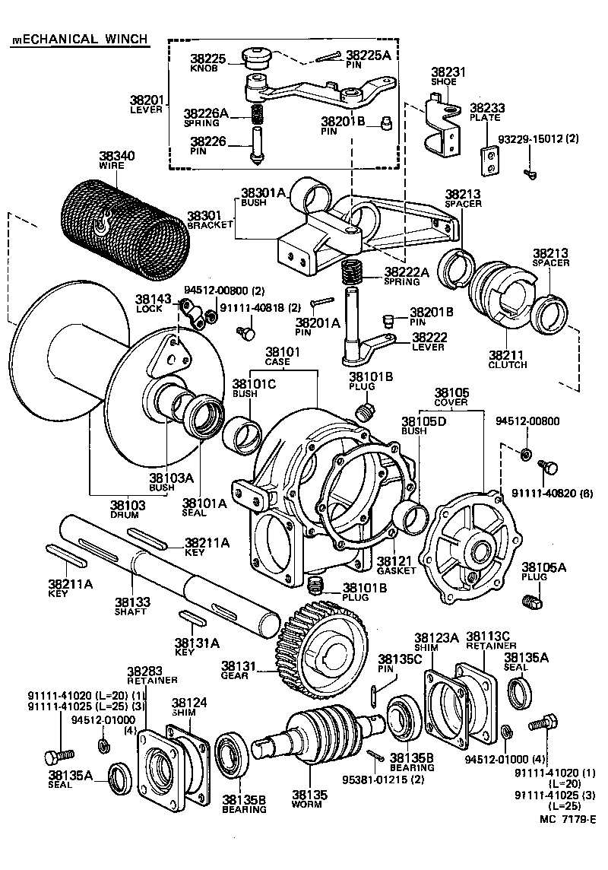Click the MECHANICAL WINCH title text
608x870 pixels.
tap(79, 40)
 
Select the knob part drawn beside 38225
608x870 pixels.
tap(256, 59)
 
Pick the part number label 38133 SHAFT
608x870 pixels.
tap(131, 605)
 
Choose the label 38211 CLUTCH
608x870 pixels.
tap(508, 359)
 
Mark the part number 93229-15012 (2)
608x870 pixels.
tap(538, 139)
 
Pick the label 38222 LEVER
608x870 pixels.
tap(429, 341)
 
